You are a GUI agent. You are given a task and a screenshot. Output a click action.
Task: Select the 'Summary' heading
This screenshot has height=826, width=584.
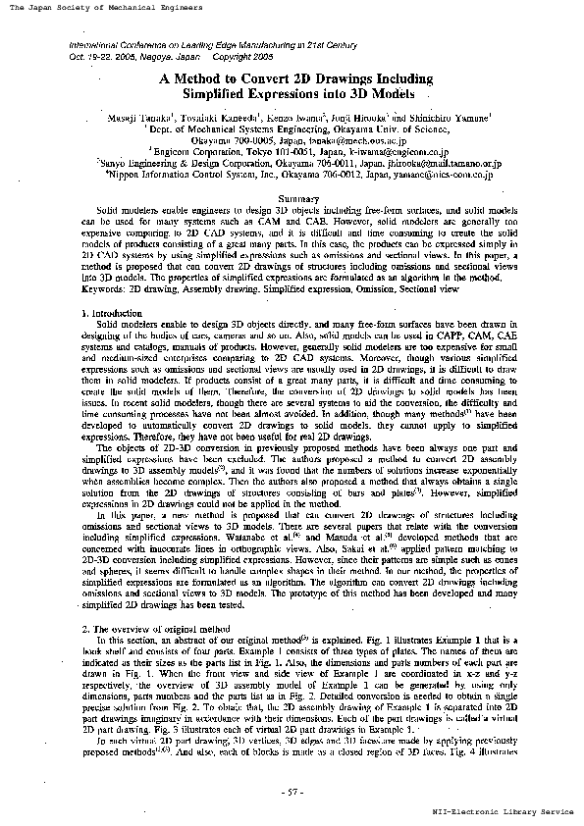pyautogui.click(x=294, y=200)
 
